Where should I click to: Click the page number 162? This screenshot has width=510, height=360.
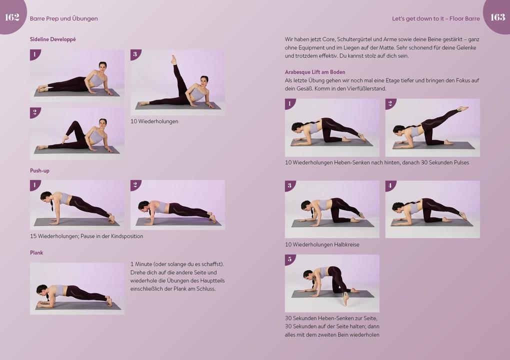(x=12, y=17)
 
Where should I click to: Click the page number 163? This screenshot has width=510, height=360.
(x=497, y=17)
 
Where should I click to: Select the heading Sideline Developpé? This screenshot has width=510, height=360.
(x=52, y=39)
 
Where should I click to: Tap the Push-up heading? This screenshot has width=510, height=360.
(x=39, y=170)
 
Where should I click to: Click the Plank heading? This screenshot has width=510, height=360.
(x=36, y=252)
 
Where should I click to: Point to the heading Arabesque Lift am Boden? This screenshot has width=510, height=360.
(x=314, y=72)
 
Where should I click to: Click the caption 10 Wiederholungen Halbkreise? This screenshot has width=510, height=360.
(x=321, y=244)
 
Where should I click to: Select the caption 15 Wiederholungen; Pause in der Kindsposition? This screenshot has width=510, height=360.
(x=86, y=236)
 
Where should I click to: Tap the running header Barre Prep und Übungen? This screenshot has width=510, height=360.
(x=63, y=18)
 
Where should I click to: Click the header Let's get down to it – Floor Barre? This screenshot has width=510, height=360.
(x=435, y=18)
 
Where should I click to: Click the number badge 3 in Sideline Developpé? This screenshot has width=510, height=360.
(x=135, y=54)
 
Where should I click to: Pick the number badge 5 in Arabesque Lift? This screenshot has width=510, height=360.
(x=289, y=259)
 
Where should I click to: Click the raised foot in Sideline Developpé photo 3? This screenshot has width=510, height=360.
(x=173, y=59)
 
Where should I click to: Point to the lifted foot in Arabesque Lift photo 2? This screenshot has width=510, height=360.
(x=463, y=108)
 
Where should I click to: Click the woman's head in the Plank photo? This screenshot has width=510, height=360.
(x=42, y=290)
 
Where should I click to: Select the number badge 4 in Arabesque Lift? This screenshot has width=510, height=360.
(x=390, y=185)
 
